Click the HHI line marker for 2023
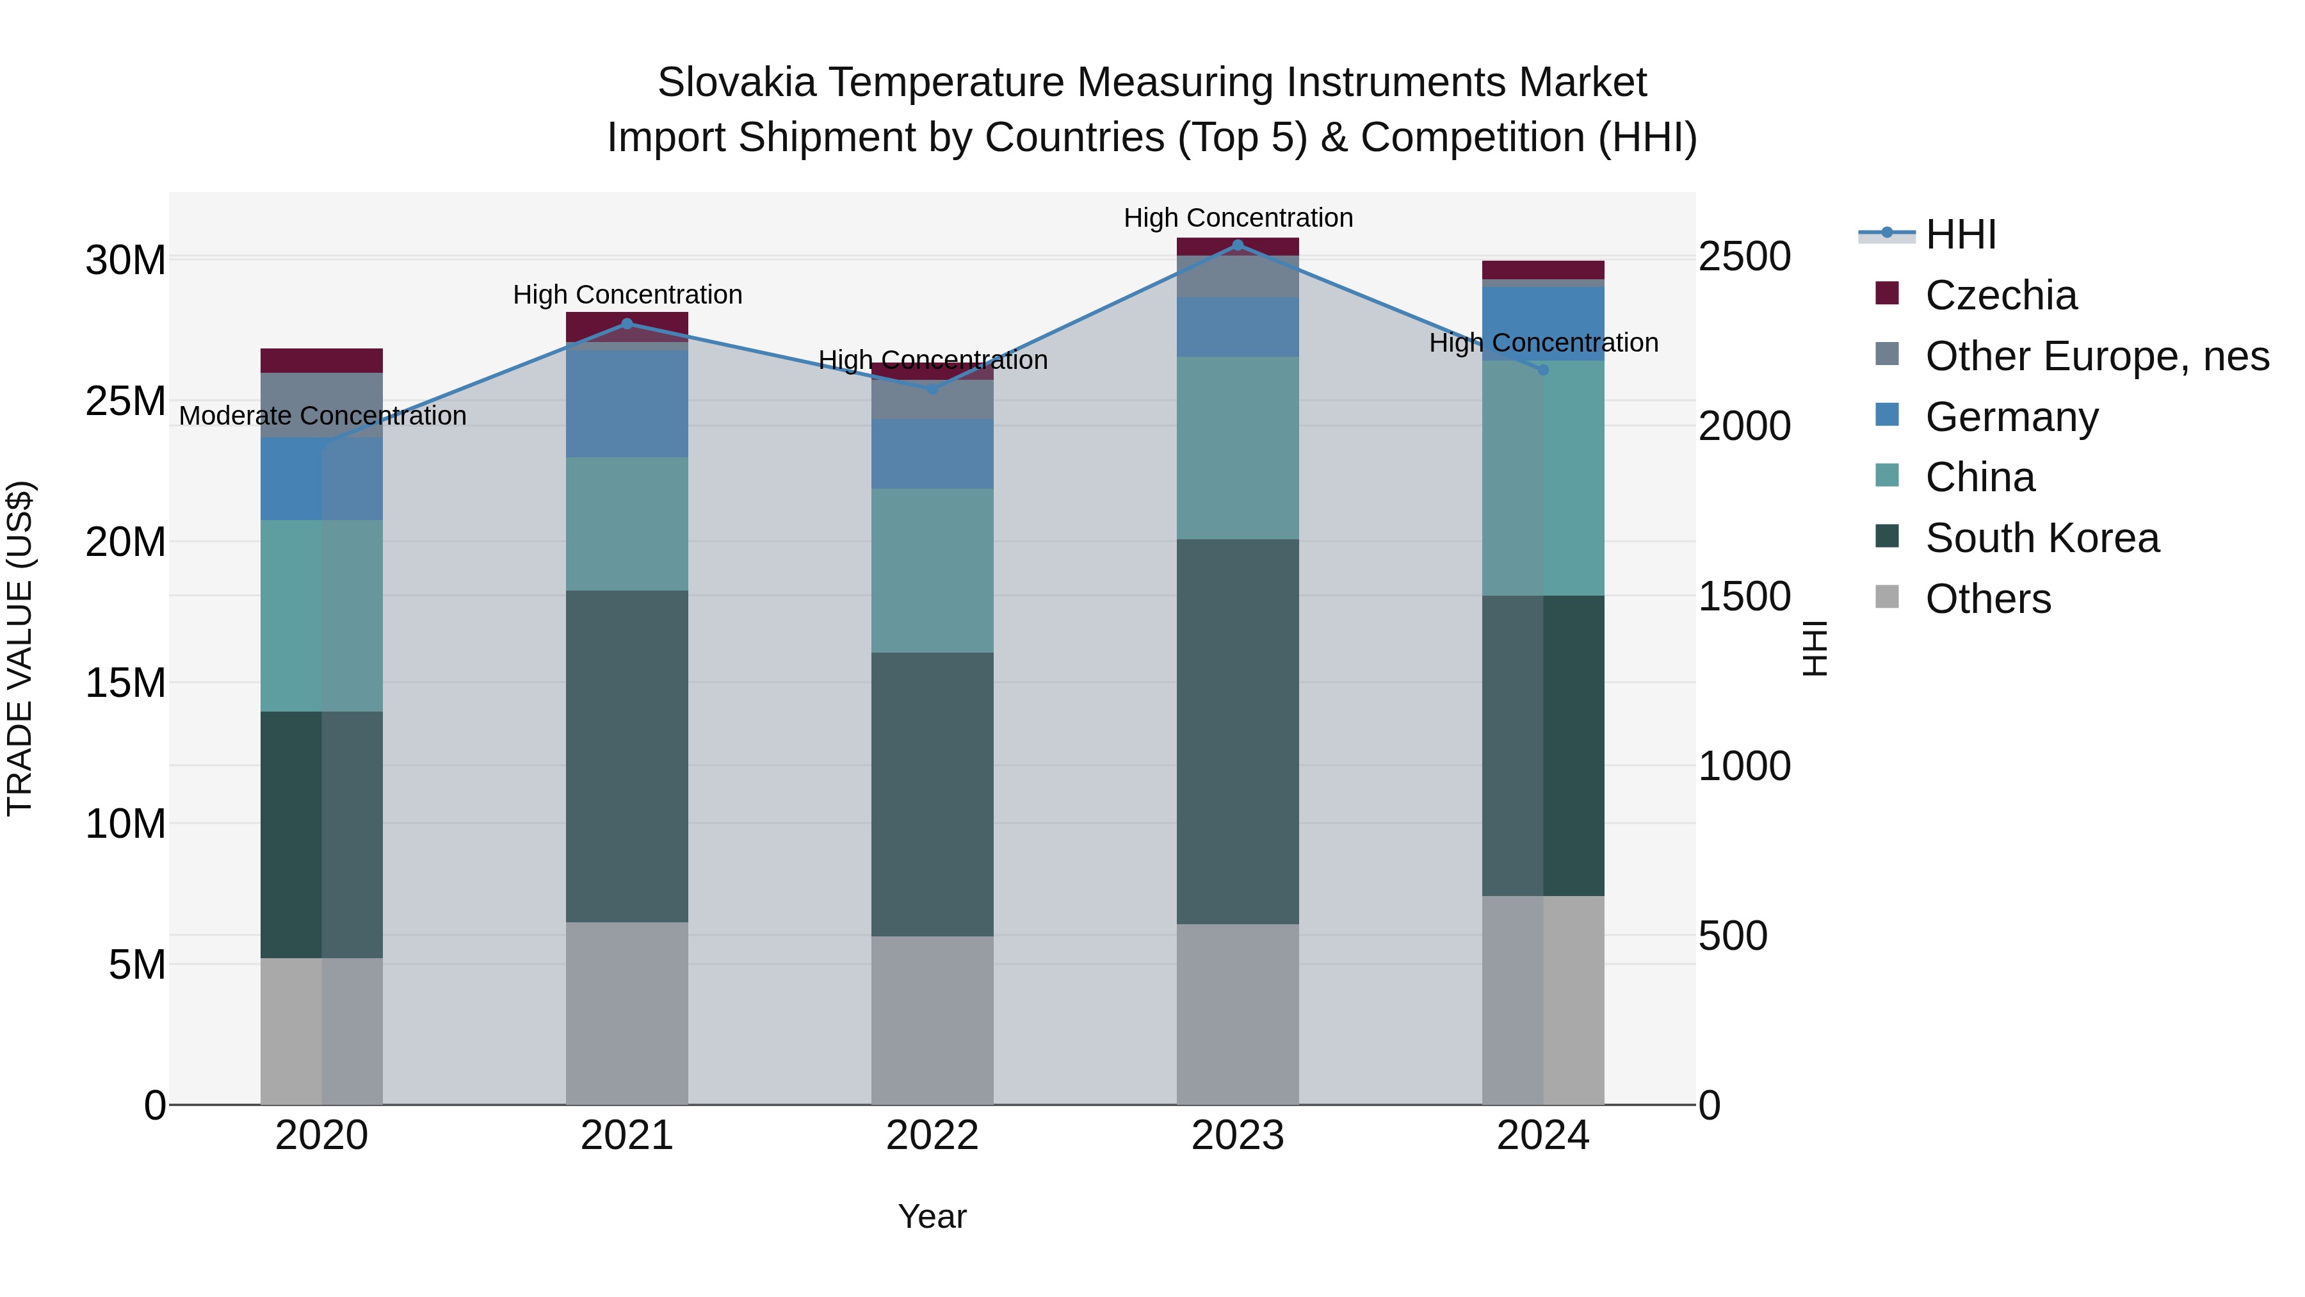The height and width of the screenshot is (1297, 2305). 1238,245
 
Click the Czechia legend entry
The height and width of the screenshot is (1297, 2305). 2001,295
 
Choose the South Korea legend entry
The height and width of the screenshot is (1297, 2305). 2042,538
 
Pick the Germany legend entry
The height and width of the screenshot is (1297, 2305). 2012,417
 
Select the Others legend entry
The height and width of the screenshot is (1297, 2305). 1988,599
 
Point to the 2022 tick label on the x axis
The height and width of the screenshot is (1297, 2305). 932,1136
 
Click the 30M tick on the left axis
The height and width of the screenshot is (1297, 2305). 125,261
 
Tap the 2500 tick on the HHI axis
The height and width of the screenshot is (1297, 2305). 1745,257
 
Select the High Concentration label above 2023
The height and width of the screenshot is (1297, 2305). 1238,218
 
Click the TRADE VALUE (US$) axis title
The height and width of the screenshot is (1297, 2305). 20,648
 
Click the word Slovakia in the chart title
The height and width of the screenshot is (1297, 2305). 736,83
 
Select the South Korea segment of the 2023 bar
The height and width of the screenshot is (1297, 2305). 1238,731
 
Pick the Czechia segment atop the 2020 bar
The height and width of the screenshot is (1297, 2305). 321,361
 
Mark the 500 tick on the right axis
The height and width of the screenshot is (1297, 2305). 1733,936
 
